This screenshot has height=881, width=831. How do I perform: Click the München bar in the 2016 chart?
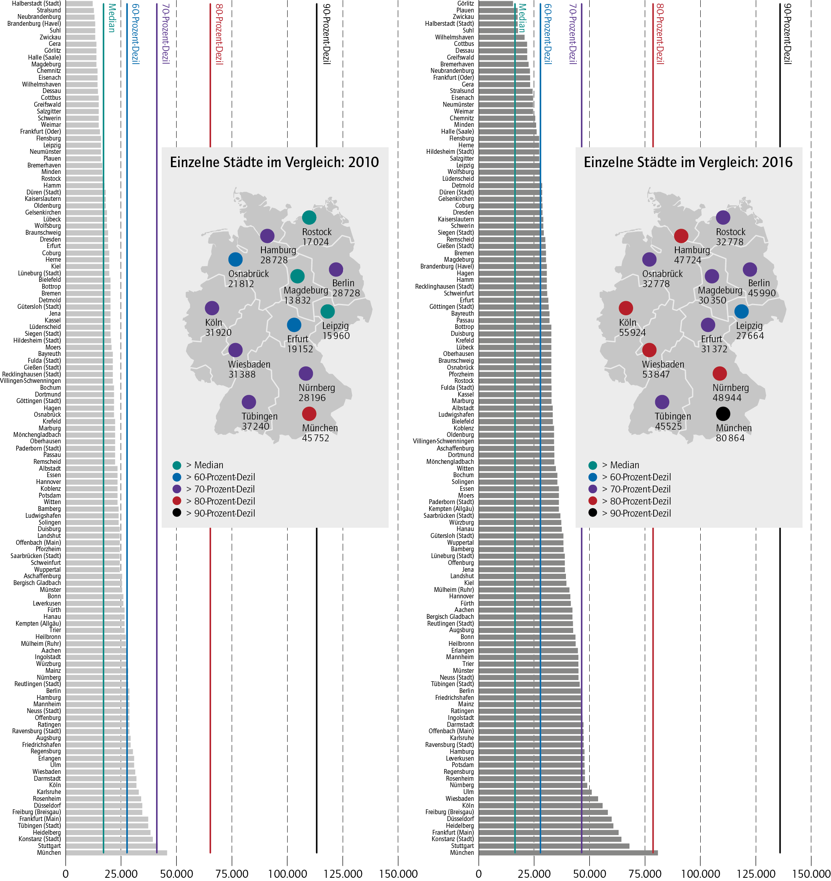pos(568,852)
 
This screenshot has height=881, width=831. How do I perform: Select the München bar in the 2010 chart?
pos(116,852)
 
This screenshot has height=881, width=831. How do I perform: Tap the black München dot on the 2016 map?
pos(722,414)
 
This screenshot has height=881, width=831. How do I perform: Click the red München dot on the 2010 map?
pos(309,414)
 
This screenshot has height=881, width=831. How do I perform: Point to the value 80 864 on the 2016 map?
pos(730,438)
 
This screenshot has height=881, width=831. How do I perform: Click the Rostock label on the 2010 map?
pos(317,232)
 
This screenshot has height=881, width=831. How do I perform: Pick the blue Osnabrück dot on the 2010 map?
pos(235,259)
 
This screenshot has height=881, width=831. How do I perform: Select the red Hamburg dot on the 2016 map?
pos(681,236)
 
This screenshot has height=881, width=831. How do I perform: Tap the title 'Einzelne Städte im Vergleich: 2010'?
pos(274,162)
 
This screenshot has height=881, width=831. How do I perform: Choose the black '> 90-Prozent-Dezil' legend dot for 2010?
pos(177,513)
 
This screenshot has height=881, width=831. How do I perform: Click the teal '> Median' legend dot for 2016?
pos(592,465)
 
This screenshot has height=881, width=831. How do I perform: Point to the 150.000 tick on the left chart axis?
pos(398,874)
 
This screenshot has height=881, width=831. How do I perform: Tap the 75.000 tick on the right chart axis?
pos(645,874)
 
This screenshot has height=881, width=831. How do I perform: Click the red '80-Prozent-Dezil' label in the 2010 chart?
pos(219,34)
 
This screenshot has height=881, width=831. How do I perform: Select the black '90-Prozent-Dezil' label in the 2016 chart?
pos(787,34)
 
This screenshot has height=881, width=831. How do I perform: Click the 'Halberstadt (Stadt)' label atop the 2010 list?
pos(36,4)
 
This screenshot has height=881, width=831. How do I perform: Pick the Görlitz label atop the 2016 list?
pos(465,4)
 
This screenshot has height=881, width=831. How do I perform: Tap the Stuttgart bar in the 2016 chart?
pos(554,846)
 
